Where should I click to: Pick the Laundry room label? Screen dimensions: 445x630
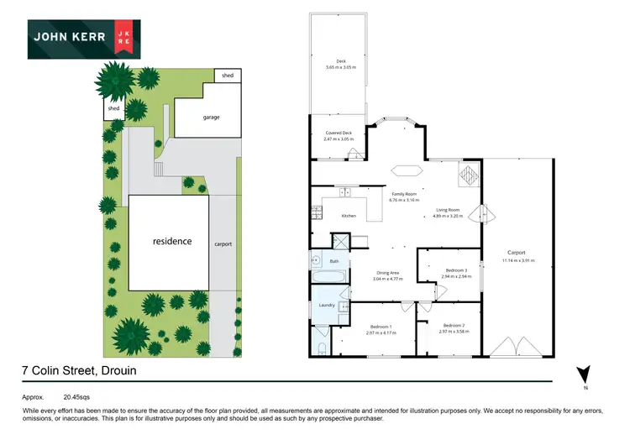pos(328,306)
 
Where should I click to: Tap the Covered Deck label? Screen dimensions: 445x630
pos(339,133)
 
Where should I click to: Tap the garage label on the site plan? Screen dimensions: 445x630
pos(211,117)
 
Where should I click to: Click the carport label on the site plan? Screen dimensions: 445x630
pos(222,244)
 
